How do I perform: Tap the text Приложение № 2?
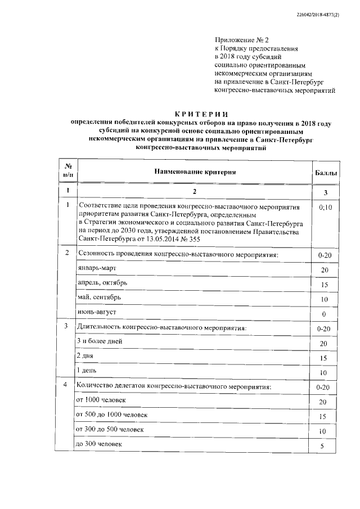(x=238, y=39)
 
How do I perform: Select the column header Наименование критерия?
(x=195, y=171)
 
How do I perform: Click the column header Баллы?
(x=325, y=173)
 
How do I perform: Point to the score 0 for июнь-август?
(x=324, y=313)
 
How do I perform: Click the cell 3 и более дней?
(x=99, y=341)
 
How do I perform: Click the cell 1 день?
(x=87, y=371)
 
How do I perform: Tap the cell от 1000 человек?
(x=101, y=400)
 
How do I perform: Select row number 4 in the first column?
(x=66, y=385)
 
